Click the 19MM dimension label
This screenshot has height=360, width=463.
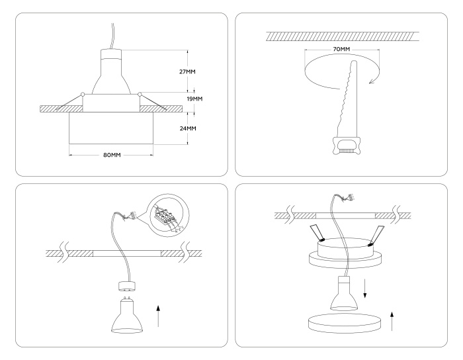[194, 99]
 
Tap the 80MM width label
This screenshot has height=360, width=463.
[111, 156]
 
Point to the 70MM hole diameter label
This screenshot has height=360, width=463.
[341, 50]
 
